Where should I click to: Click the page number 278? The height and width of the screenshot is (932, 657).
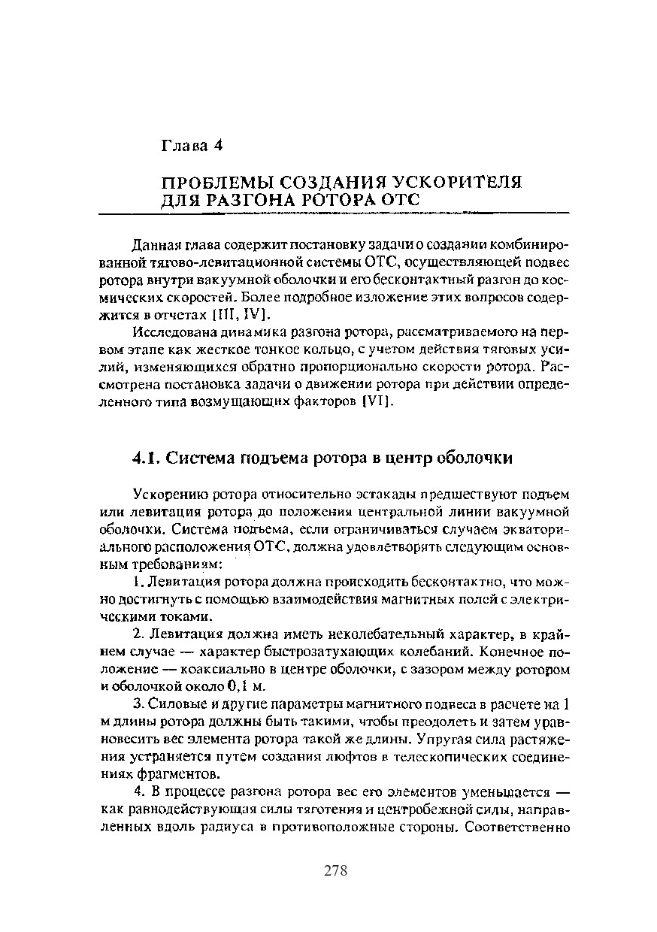tap(335, 870)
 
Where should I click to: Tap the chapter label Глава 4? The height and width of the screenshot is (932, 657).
tap(192, 146)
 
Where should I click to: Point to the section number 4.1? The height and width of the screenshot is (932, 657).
tap(145, 458)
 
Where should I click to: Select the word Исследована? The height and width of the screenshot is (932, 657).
tap(167, 332)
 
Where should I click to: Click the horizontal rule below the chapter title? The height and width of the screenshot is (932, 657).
tap(366, 214)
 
